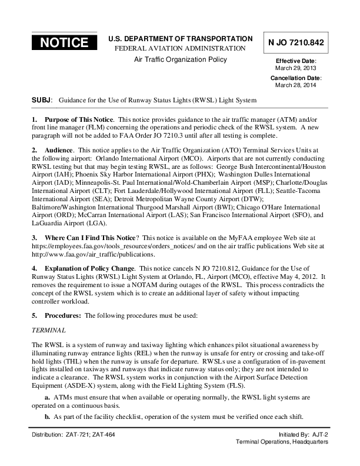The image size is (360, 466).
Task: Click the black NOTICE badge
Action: [64, 42]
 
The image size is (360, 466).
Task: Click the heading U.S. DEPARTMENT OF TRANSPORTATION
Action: [180, 38]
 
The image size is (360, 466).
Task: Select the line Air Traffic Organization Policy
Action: [180, 59]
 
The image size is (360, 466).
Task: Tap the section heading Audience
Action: [60, 151]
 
